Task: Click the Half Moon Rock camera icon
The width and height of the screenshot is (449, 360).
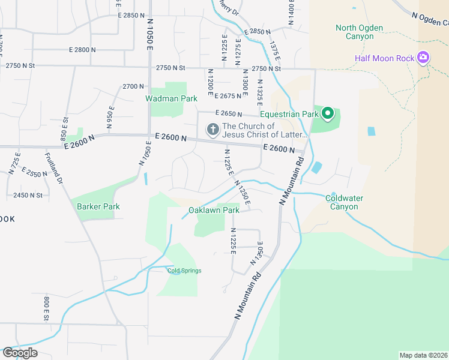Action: [424, 58]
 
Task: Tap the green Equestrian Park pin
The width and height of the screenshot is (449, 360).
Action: [328, 113]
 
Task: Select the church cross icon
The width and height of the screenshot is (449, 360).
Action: [212, 129]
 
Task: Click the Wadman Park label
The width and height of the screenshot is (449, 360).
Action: [163, 98]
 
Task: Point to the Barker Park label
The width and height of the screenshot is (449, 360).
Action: [98, 206]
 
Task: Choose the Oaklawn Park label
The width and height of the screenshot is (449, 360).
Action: [214, 210]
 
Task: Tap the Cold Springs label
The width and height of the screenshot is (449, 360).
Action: [184, 271]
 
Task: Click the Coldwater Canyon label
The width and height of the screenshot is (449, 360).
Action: [342, 202]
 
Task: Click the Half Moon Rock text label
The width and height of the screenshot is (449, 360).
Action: [384, 58]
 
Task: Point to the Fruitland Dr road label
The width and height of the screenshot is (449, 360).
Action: [55, 169]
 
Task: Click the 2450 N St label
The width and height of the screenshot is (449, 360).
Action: [28, 195]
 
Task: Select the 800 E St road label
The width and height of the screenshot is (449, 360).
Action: [46, 307]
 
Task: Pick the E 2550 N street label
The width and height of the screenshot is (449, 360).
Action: [34, 173]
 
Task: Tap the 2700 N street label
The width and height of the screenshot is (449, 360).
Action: [133, 86]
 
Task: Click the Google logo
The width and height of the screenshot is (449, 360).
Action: [20, 353]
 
